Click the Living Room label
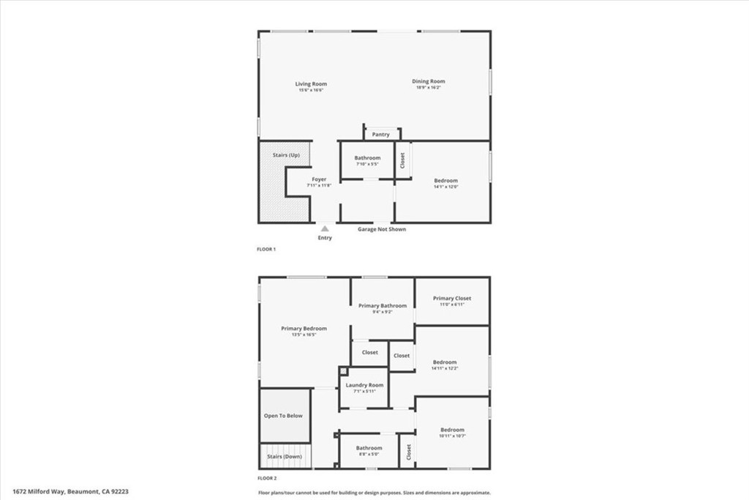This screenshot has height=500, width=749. point(311,83)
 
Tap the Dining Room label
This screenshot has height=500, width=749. point(428,81)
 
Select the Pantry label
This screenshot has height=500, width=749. point(380,135)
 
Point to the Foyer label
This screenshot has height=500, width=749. point(319,179)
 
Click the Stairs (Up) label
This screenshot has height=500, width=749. point(286,155)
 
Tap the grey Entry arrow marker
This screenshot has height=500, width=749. point(325,228)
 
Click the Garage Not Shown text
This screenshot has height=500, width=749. point(381,229)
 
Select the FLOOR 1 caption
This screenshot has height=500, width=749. point(266,250)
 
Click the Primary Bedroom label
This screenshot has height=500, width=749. point(304,329)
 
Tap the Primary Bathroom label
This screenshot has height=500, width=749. point(382,305)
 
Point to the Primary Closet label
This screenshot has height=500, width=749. point(452,298)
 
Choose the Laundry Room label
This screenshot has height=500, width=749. point(364,385)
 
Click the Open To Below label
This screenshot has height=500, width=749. point(283,416)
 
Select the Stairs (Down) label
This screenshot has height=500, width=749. point(285,457)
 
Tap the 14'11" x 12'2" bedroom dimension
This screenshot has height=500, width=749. point(445,368)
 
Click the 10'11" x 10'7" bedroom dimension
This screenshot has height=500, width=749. point(452,436)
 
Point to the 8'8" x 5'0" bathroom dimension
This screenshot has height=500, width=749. point(369,454)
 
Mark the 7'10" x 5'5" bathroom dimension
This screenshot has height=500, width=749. point(367,164)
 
